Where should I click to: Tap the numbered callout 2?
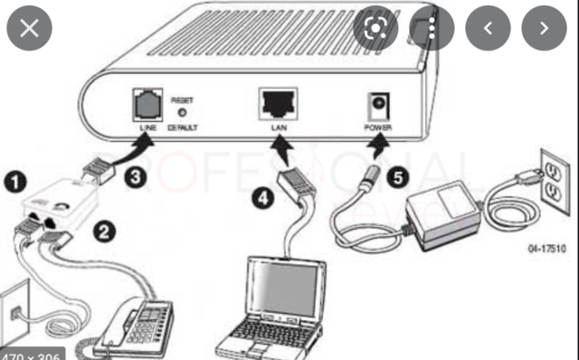coord(105,232)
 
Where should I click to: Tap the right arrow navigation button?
coord(544,27)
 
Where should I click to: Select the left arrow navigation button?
coord(489,27)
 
